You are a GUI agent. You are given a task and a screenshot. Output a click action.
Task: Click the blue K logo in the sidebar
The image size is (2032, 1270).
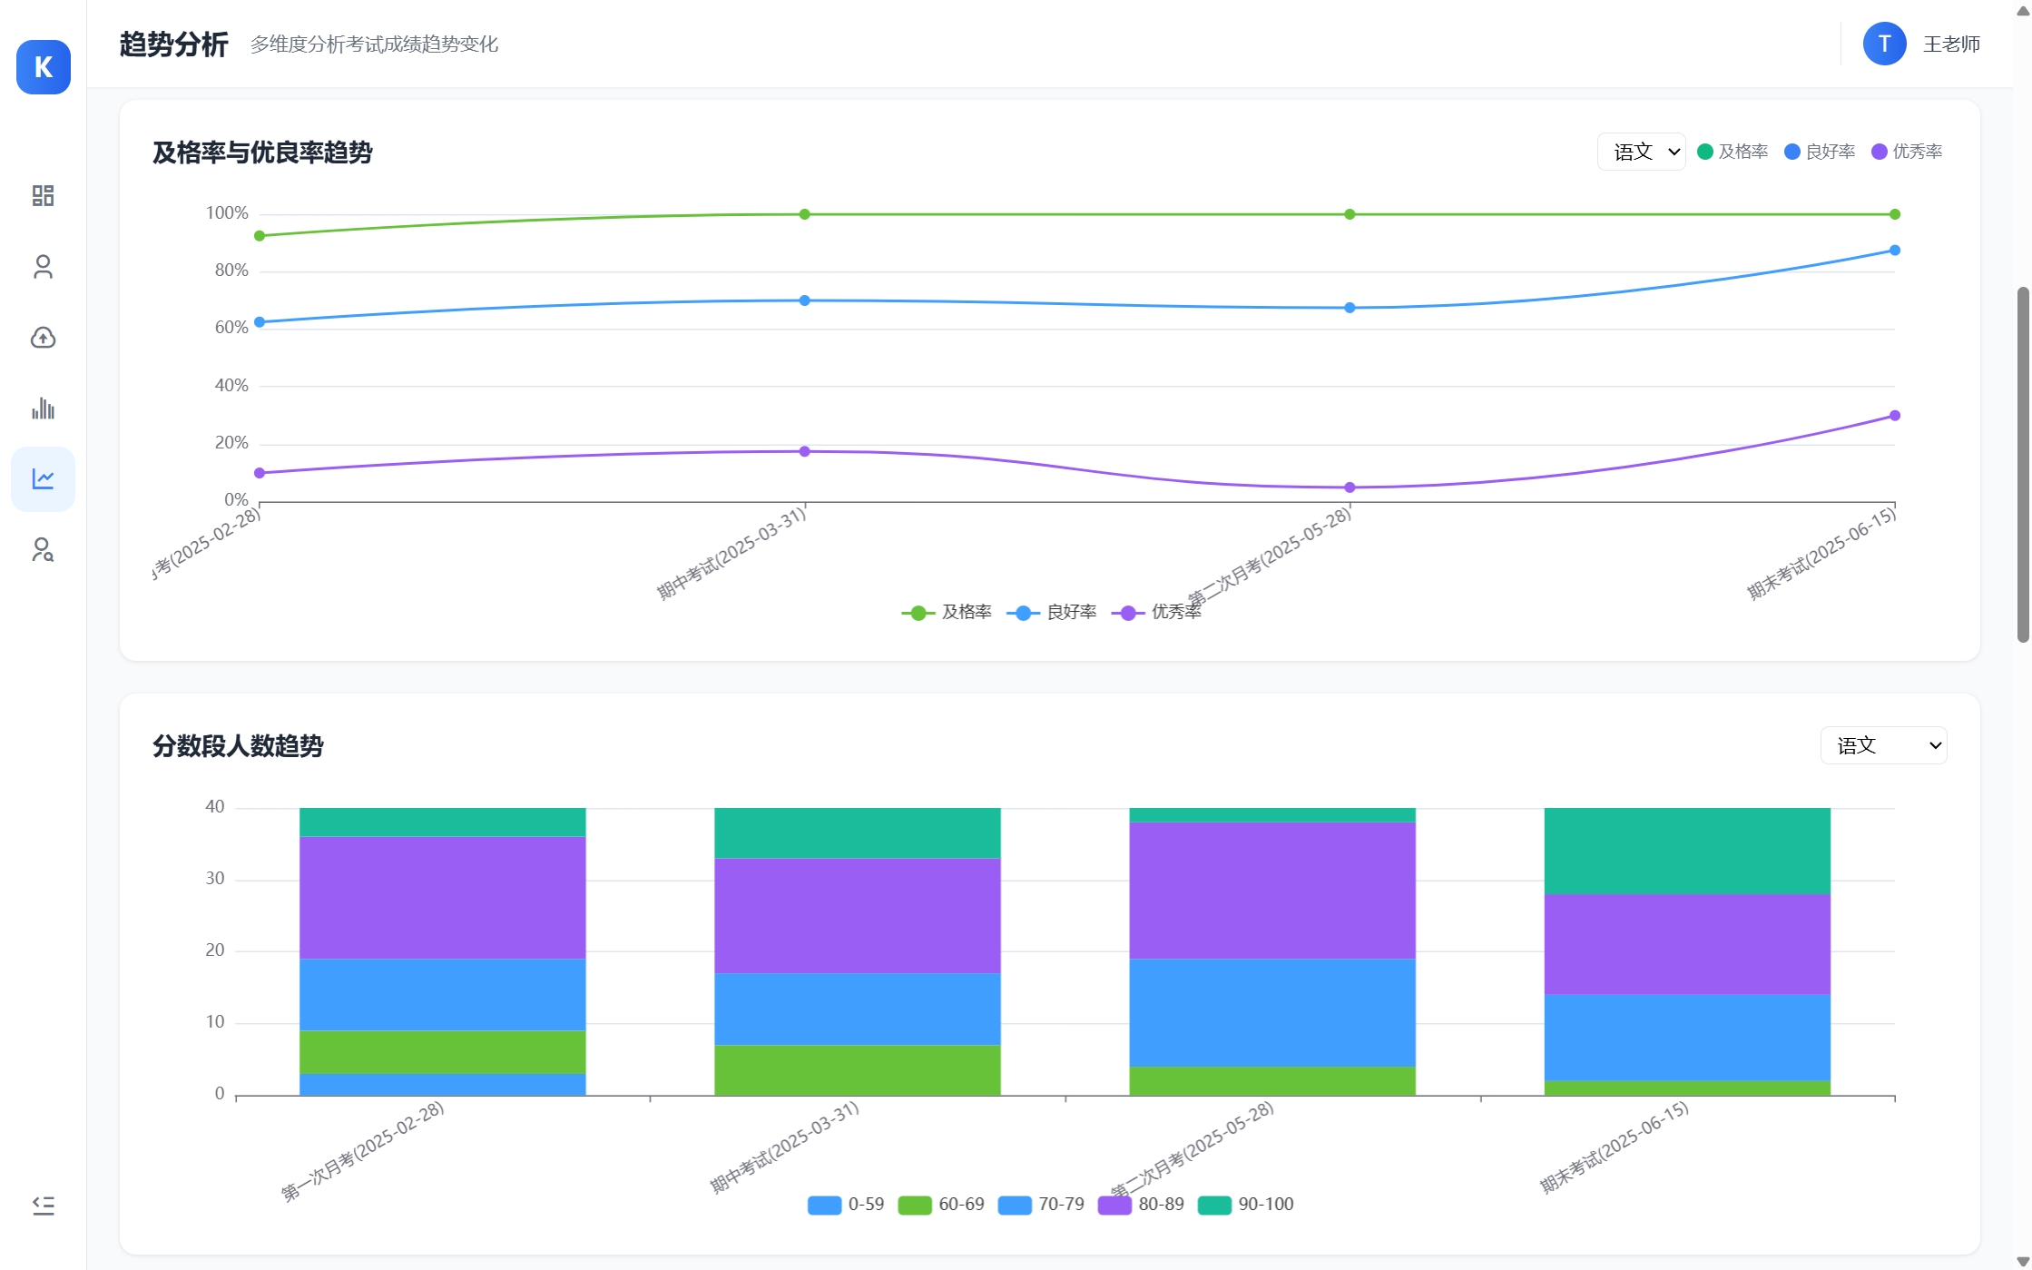(44, 67)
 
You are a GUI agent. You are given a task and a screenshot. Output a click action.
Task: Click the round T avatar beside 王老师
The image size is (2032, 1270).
(1884, 44)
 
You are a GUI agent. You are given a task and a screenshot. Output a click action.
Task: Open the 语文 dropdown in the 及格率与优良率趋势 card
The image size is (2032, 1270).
(1641, 152)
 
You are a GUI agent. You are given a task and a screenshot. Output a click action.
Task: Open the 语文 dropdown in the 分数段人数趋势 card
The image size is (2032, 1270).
(1883, 745)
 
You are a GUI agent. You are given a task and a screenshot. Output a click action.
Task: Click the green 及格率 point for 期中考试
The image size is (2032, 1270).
(804, 214)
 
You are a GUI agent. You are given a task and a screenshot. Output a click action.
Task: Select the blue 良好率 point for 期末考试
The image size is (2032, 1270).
(1894, 251)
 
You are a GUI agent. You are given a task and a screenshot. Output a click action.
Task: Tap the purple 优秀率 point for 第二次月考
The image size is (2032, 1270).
(1350, 487)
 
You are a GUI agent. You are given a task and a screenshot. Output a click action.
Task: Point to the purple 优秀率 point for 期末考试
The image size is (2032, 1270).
(1894, 416)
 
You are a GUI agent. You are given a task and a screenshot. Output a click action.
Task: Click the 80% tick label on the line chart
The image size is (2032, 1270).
(231, 271)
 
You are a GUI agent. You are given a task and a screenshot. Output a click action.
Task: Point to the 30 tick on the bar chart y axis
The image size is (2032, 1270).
(215, 879)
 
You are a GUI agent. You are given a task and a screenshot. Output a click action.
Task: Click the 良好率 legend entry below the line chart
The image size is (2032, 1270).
(1053, 613)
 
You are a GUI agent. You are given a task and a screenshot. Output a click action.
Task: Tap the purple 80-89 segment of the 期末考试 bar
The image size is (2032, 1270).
(1686, 944)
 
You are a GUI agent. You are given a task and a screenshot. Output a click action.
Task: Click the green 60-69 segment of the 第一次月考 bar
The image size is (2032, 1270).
(442, 1052)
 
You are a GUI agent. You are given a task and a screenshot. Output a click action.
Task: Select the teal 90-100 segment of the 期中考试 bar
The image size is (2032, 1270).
(857, 832)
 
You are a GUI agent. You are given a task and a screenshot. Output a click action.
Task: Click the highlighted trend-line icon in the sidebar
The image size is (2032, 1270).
(43, 479)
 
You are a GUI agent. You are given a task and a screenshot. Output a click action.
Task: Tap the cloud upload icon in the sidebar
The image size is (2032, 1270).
(43, 338)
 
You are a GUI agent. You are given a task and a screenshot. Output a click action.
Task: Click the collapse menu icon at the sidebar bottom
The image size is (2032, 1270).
(43, 1206)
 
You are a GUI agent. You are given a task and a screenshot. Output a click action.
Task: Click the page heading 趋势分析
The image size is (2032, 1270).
(173, 44)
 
